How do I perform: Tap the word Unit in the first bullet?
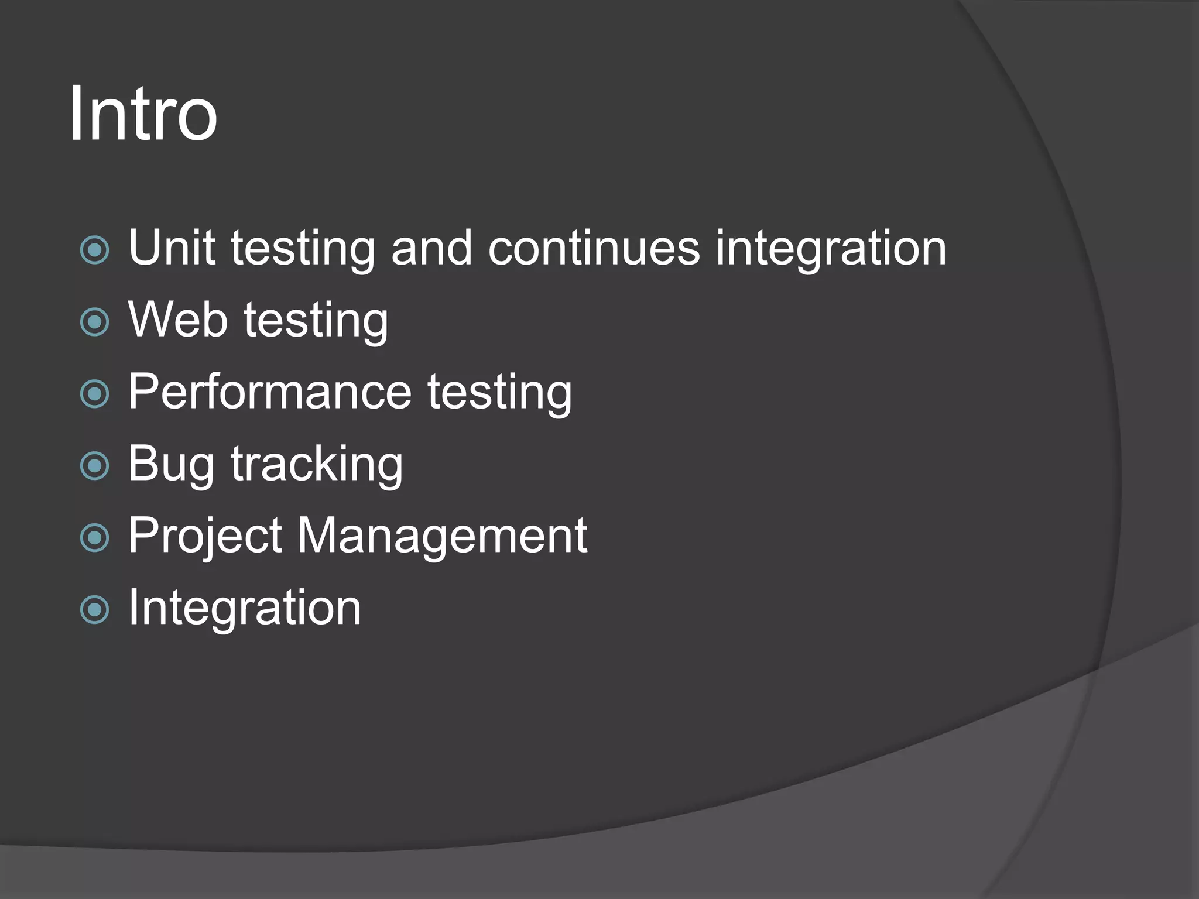pos(172,248)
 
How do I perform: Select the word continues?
pos(593,248)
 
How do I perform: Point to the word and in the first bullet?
pos(431,248)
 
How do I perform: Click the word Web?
pos(177,320)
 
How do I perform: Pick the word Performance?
pos(270,392)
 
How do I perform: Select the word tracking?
pos(317,464)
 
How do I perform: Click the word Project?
pos(205,536)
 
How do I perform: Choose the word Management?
pos(442,536)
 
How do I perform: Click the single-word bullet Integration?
pos(245,608)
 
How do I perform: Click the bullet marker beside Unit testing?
pos(94,251)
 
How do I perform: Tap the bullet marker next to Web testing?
pos(94,322)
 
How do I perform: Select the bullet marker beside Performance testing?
pos(94,394)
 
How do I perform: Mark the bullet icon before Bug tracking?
pos(94,466)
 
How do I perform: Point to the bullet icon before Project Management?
pos(94,538)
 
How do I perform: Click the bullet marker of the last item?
pos(94,610)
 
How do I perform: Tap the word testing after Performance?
pos(499,393)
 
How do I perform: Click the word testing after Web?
pos(316,321)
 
